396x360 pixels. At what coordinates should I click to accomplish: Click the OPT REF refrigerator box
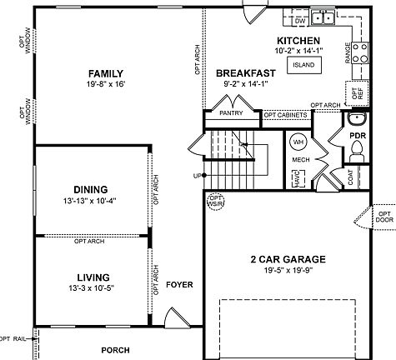coord(357,92)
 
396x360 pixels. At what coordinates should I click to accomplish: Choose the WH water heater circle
coord(298,142)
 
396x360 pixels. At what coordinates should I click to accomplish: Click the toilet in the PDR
coord(358,149)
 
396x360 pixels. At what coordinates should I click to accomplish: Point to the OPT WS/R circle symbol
coord(216,201)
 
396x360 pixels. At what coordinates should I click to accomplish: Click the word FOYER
coord(179,285)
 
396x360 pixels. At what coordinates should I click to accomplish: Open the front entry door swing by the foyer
coord(173,317)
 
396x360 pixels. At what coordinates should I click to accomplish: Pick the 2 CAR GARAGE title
coord(286,259)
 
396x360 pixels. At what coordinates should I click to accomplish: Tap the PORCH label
coord(116,351)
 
